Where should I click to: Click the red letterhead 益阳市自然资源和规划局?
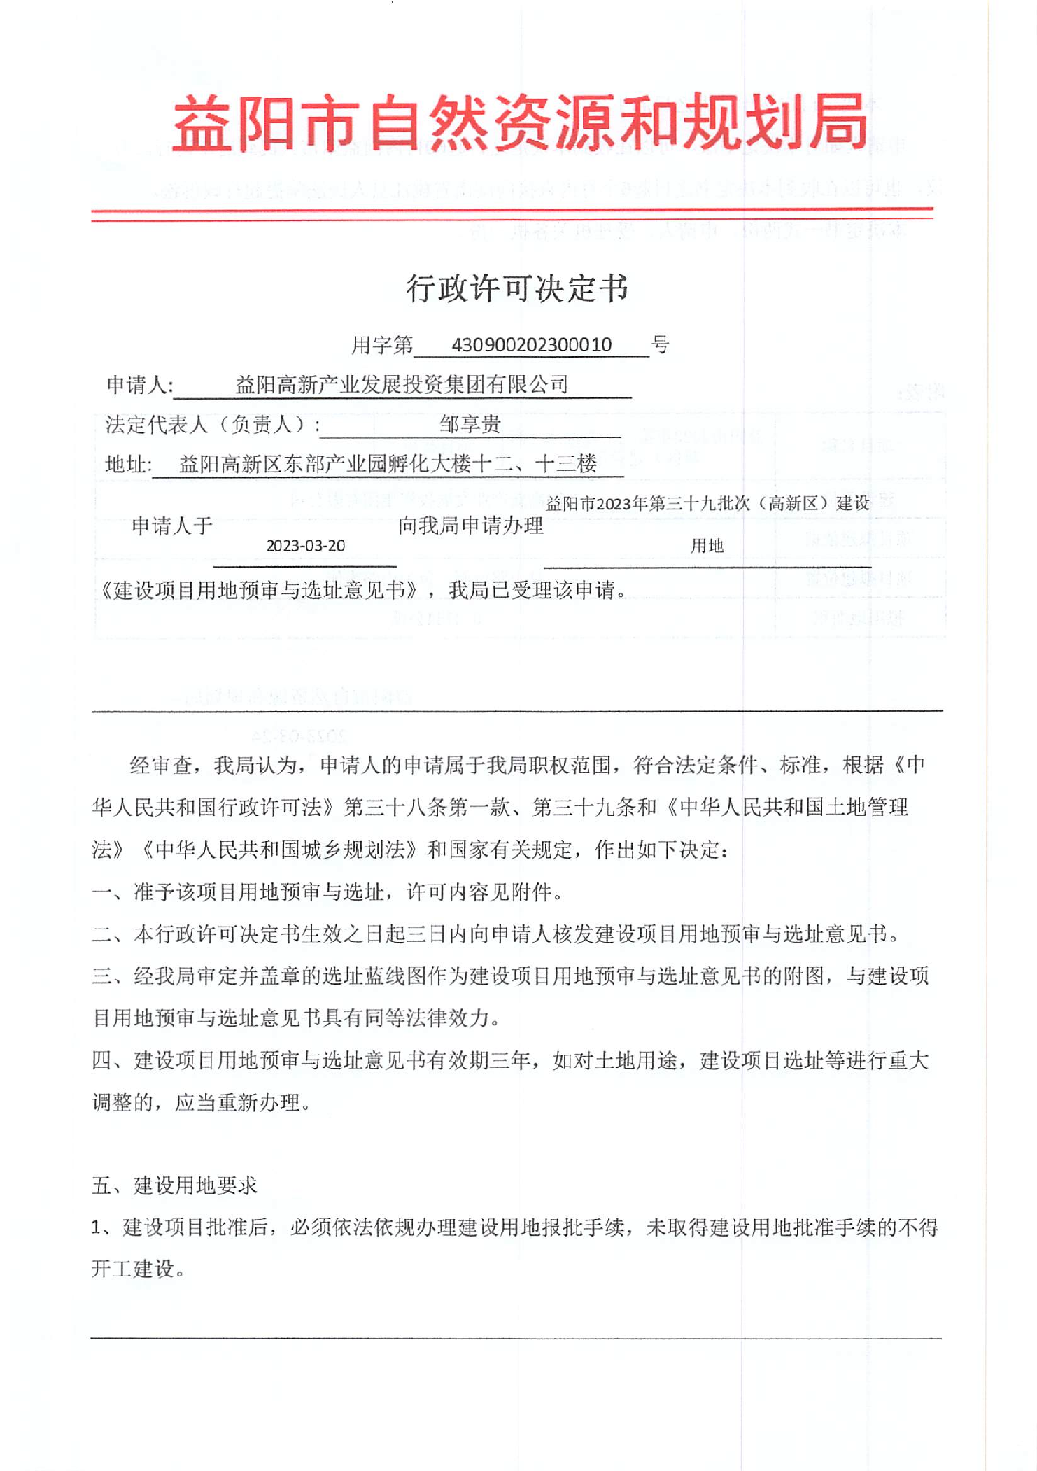(x=519, y=124)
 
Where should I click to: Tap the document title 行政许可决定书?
(x=518, y=288)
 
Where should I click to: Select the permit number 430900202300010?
(x=532, y=345)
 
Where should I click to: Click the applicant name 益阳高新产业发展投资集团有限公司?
(x=402, y=384)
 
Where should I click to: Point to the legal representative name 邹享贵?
(x=470, y=424)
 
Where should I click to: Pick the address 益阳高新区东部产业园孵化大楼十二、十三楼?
(x=388, y=464)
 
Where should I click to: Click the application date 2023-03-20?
(x=306, y=546)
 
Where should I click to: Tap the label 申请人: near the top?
(x=140, y=385)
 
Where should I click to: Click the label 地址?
(x=128, y=465)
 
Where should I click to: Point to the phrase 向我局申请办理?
(x=471, y=526)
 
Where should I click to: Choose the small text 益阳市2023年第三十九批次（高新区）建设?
(x=707, y=503)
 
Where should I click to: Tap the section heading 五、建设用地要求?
(x=175, y=1185)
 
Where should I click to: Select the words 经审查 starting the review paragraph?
(x=161, y=766)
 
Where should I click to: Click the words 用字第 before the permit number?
(x=382, y=345)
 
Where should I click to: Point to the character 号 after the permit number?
(x=661, y=344)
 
